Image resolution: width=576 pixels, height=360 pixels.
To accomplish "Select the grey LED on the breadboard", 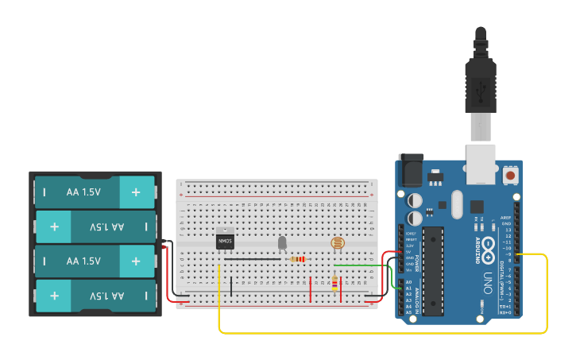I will point(281,243).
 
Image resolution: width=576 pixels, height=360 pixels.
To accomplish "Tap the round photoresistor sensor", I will point(338,243).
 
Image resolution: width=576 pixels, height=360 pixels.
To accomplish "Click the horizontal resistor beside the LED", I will point(298,259).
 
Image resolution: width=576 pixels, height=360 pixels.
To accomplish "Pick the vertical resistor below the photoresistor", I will point(334,283).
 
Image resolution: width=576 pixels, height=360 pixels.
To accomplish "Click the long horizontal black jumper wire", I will point(253,259).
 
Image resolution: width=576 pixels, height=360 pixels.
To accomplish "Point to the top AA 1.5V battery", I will point(95,192).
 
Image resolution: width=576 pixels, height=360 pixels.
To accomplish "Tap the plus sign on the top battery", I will point(136,192).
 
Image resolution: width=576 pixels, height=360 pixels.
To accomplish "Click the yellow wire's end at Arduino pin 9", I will point(517,254).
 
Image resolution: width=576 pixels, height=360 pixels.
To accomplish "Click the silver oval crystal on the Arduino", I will point(456,204).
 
